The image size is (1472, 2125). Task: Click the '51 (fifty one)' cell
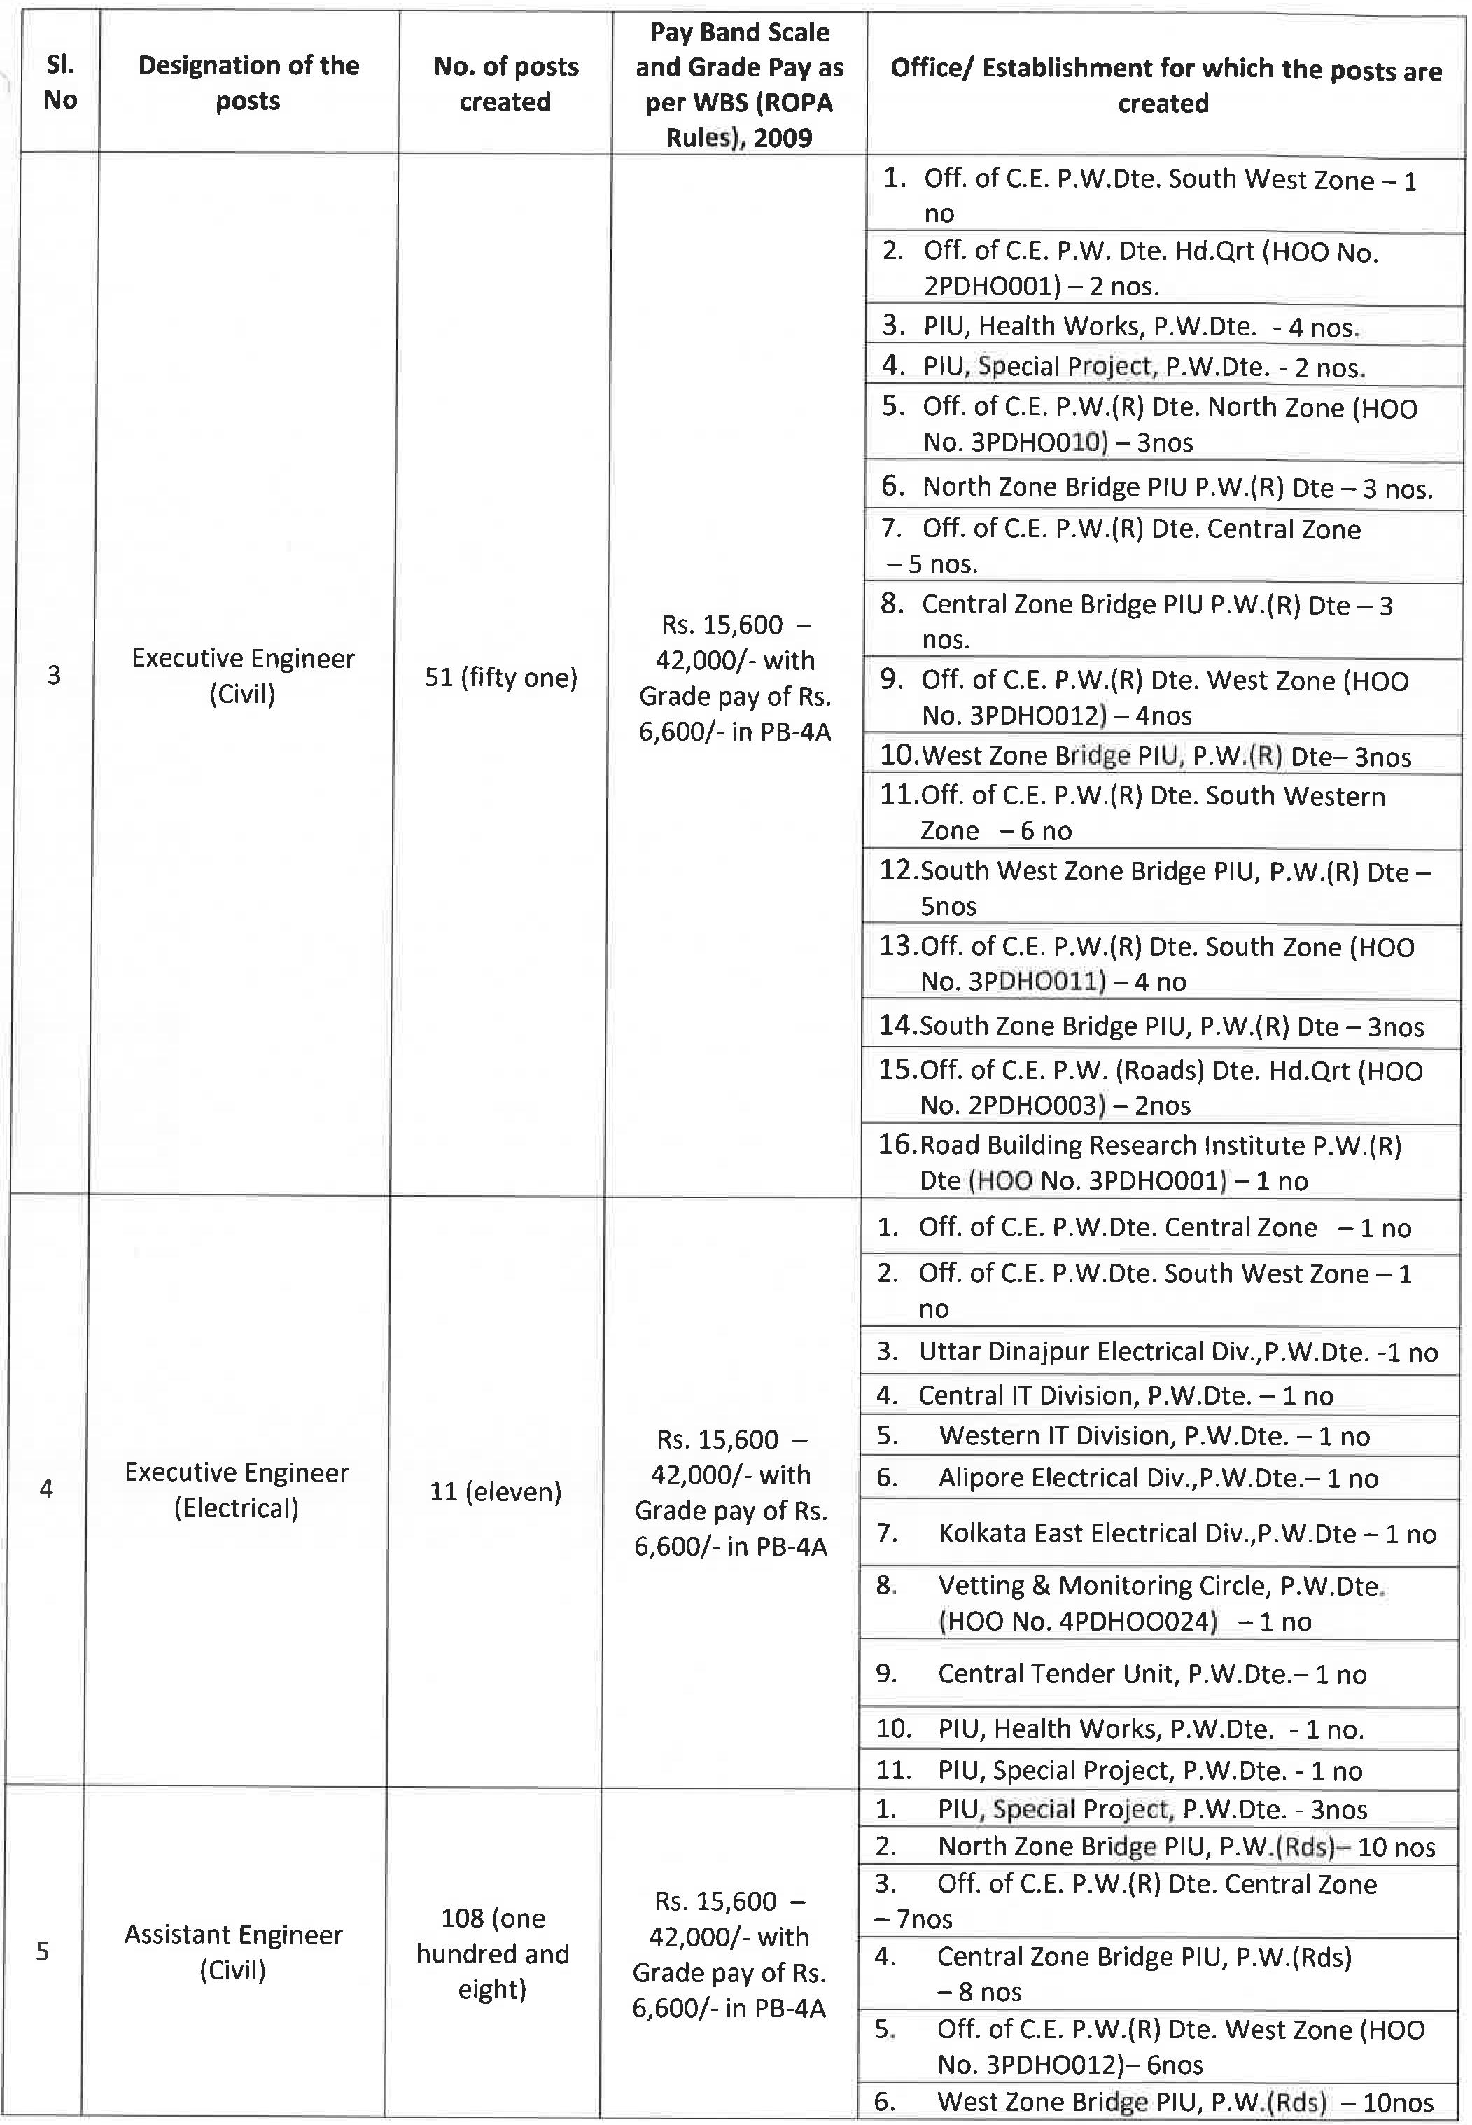(x=500, y=678)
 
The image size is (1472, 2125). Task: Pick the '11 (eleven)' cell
(x=496, y=1491)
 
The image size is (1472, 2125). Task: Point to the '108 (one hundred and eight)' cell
(x=493, y=1953)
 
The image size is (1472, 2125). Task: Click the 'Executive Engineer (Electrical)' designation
(x=236, y=1491)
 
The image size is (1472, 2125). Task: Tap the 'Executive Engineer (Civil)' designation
(x=243, y=676)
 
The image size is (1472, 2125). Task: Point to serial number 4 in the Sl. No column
(x=46, y=1489)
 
